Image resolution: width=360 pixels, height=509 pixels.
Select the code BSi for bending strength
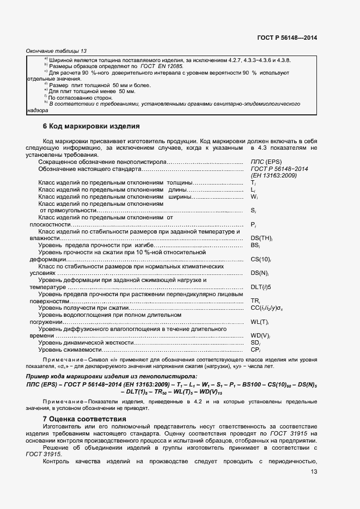coord(254,246)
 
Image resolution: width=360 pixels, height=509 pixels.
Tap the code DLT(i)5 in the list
coord(261,287)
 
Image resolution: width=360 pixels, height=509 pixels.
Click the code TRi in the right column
coord(254,301)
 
